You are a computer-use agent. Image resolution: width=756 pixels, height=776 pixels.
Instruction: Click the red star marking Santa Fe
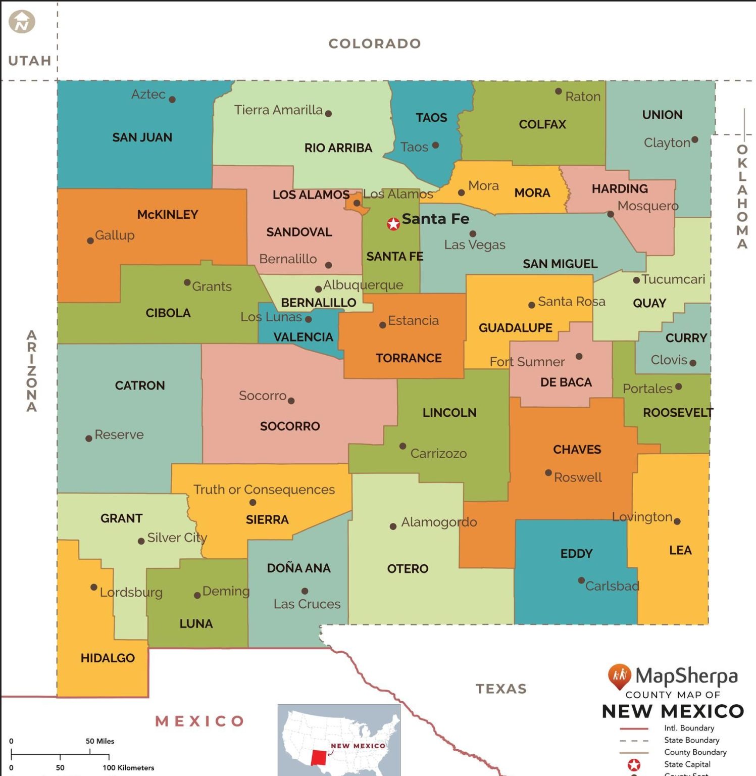[393, 224]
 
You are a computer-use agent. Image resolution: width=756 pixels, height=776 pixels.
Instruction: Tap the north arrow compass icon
[22, 22]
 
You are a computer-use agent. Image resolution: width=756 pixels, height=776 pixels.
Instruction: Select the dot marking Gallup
[90, 240]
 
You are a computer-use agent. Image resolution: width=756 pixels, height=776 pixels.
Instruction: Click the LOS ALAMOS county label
[311, 195]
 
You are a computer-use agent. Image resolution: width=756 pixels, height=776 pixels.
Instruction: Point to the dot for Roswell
[548, 473]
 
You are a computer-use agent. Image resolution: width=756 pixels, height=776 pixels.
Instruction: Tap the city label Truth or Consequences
[264, 490]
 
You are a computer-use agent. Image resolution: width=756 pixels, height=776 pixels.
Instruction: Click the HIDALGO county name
[108, 658]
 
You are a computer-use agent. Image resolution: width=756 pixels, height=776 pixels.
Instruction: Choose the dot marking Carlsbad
[581, 580]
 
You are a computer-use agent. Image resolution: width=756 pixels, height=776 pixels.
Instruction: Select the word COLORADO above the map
[375, 43]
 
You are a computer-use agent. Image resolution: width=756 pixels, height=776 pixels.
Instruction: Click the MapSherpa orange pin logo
[619, 676]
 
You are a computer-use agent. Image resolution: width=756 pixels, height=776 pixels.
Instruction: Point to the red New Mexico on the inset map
[319, 757]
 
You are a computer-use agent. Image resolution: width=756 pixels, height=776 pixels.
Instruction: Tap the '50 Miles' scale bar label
[99, 741]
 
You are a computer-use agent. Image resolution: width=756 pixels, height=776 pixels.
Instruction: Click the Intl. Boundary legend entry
[689, 728]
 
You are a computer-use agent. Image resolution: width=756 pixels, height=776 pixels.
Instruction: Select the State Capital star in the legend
[634, 765]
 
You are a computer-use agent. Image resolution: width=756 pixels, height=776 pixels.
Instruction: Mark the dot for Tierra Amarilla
[328, 114]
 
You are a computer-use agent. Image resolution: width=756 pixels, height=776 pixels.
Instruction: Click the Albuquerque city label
[363, 285]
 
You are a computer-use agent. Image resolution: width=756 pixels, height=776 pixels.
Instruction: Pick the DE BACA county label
[566, 382]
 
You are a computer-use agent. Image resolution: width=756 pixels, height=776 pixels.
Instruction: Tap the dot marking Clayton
[694, 139]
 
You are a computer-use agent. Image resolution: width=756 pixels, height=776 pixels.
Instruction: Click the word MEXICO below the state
[200, 721]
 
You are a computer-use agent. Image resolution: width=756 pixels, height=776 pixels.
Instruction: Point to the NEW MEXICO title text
[673, 711]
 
